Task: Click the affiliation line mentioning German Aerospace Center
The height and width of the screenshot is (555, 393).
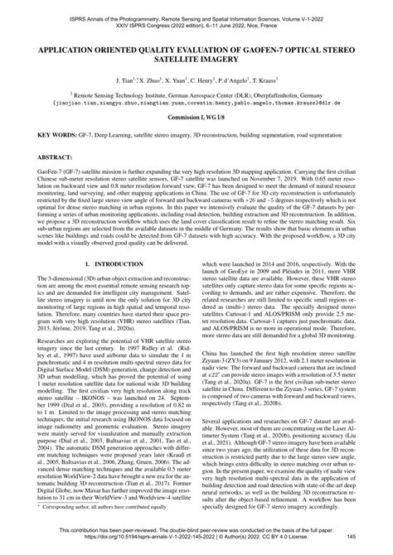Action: tap(196, 96)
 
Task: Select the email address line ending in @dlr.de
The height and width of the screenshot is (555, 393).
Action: tap(196, 105)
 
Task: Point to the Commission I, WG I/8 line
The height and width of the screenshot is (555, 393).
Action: tap(196, 119)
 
